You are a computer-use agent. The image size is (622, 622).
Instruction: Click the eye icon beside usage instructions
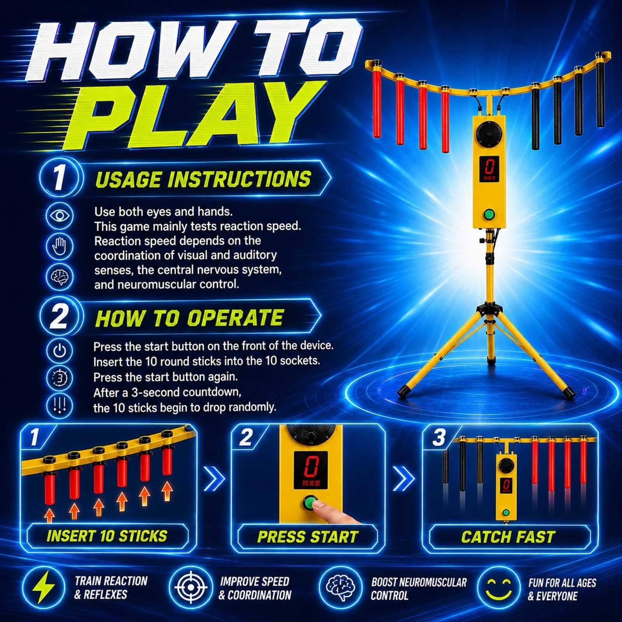pos(59,215)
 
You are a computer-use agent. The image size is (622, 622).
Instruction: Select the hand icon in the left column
pos(59,246)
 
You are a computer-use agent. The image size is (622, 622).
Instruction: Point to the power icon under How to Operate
pos(59,351)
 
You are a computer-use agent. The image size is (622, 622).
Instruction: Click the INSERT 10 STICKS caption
pos(107,536)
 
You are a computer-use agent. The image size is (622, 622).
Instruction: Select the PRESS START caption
pos(308,536)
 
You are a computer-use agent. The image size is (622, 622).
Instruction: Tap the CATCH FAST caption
pos(508,536)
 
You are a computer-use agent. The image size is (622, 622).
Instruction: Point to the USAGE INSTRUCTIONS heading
pos(203,180)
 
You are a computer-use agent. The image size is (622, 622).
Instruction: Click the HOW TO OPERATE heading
pos(189,318)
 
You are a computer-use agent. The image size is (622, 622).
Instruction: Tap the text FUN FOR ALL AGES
pos(562,582)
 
